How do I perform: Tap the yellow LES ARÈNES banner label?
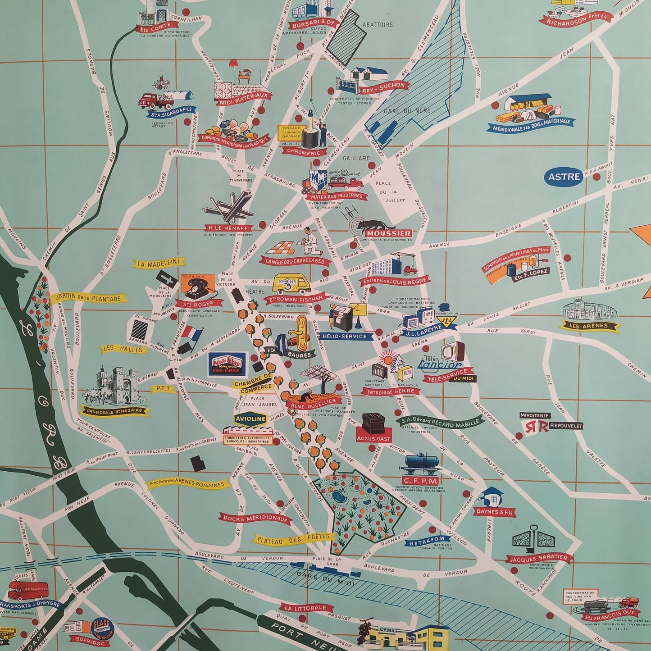(x=588, y=325)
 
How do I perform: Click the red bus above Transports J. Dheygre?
(x=28, y=588)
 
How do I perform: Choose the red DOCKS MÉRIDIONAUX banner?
(x=255, y=519)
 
